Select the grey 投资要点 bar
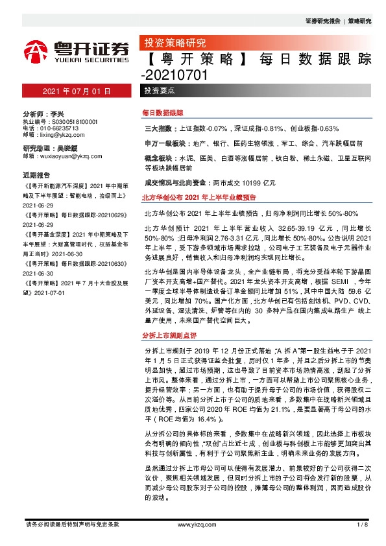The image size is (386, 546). [x=160, y=91]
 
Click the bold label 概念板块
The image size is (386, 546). [x=157, y=158]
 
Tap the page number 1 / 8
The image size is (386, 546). [x=363, y=524]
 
